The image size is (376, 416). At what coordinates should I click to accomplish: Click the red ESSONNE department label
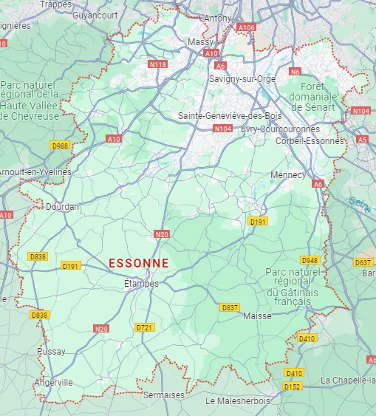138,263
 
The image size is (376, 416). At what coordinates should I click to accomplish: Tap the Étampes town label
140,283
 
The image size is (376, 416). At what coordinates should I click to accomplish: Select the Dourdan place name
62,207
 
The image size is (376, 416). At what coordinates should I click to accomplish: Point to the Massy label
200,42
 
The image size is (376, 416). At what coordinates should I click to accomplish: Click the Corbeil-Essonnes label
309,140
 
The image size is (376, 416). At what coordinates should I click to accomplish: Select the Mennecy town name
288,175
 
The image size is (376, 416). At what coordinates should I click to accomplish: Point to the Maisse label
257,316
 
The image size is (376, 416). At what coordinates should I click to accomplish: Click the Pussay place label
51,352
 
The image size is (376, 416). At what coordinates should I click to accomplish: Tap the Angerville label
53,383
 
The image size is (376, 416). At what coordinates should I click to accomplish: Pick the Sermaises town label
164,395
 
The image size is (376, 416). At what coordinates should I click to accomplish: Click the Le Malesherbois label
238,400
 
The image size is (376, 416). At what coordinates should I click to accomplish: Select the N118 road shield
157,65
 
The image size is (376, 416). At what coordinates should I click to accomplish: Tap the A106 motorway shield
247,27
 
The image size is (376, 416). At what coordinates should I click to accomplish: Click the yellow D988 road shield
60,146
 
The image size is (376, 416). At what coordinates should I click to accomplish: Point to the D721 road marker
144,327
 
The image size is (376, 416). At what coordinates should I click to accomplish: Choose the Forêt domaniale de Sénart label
313,97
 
